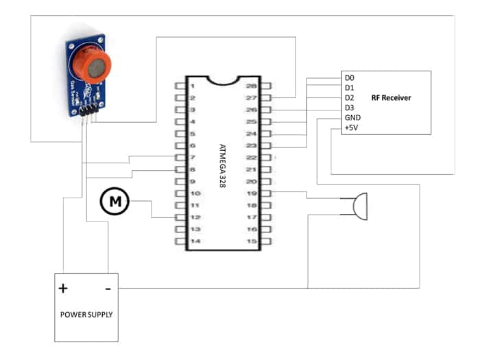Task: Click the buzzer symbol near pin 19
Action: pyautogui.click(x=358, y=205)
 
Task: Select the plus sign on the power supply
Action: pyautogui.click(x=63, y=288)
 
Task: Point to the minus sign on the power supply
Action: pyautogui.click(x=108, y=288)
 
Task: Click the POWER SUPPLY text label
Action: pyautogui.click(x=86, y=315)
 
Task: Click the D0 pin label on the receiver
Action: pyautogui.click(x=350, y=79)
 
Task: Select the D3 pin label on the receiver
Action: pyautogui.click(x=350, y=108)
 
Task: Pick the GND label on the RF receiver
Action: pyautogui.click(x=352, y=117)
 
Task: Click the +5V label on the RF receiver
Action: pyautogui.click(x=351, y=127)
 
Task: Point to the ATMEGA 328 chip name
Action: pyautogui.click(x=221, y=163)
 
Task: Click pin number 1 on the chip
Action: pyautogui.click(x=194, y=86)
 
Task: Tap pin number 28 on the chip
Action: pyautogui.click(x=251, y=86)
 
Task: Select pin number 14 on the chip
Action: pyautogui.click(x=195, y=241)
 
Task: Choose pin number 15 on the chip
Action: pyautogui.click(x=251, y=241)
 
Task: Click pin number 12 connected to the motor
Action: pyautogui.click(x=195, y=217)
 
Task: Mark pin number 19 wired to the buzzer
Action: pyautogui.click(x=251, y=193)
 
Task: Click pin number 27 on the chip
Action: pyautogui.click(x=251, y=98)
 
